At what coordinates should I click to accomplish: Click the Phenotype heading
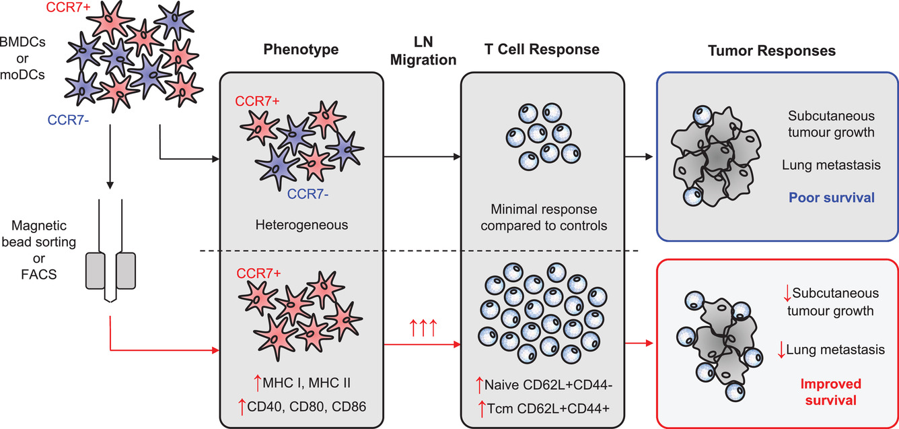(301, 50)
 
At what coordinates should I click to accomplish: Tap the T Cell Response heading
(541, 50)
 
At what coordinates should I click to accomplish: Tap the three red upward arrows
(423, 329)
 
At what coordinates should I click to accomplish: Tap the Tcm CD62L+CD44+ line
(547, 409)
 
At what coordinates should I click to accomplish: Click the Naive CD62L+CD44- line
(547, 385)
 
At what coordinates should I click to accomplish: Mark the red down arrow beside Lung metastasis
(781, 350)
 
